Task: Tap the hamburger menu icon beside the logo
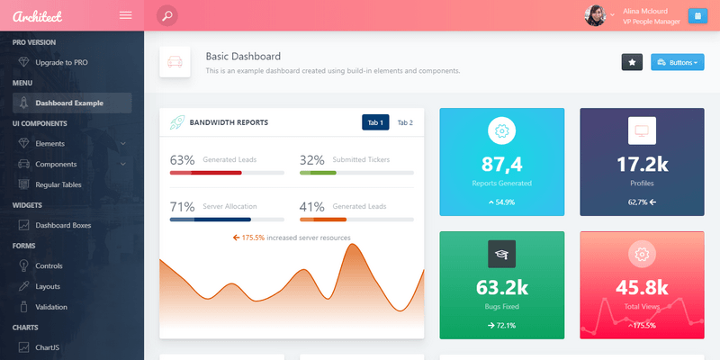[x=125, y=15]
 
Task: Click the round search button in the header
[x=166, y=15]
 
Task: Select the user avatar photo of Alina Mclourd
[x=595, y=15]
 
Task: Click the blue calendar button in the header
[x=697, y=15]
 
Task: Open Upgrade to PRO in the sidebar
[x=61, y=62]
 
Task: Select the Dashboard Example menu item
[x=69, y=103]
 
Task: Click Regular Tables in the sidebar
[x=58, y=184]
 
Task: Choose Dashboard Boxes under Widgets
[x=63, y=225]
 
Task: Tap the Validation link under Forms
[x=51, y=307]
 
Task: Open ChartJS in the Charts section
[x=49, y=347]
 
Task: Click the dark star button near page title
[x=632, y=62]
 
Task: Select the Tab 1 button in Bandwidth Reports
[x=375, y=122]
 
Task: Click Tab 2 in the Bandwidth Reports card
[x=405, y=122]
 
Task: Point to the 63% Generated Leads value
[x=183, y=159]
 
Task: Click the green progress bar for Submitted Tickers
[x=318, y=172]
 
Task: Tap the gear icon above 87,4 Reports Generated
[x=501, y=130]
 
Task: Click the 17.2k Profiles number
[x=642, y=164]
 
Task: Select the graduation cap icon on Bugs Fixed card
[x=501, y=254]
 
